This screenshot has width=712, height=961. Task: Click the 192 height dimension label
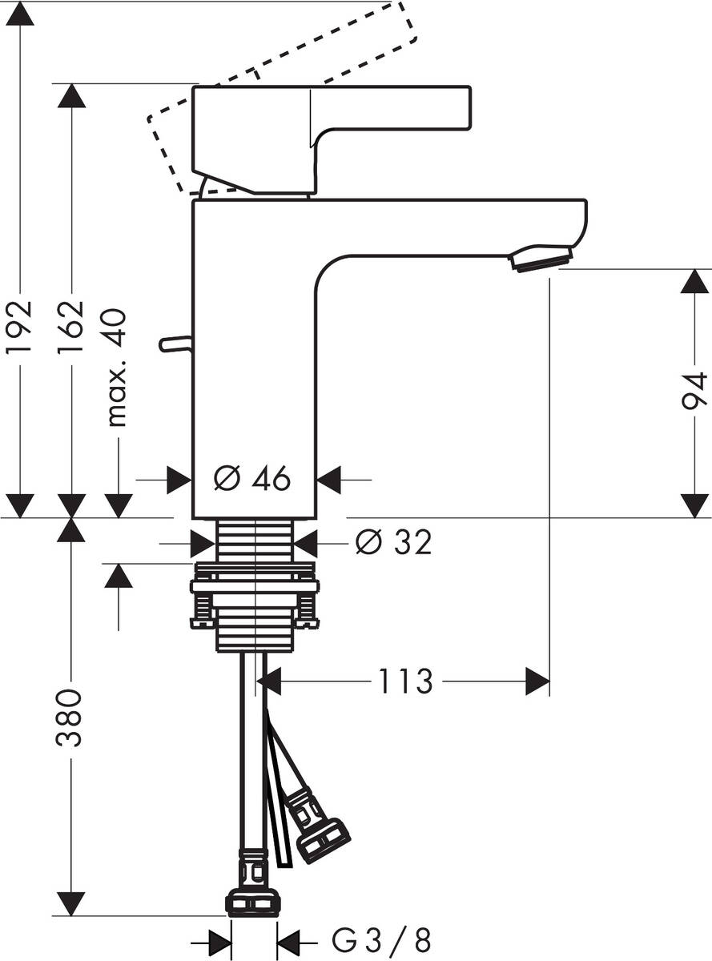tap(19, 327)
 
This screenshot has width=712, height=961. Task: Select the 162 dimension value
tap(72, 327)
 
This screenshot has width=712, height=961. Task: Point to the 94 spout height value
tap(694, 392)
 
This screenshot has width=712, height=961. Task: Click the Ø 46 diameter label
tap(252, 480)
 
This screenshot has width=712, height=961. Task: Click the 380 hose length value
tap(70, 717)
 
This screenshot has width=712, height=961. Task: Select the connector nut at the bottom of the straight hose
tap(253, 903)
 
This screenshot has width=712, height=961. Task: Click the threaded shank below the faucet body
tap(255, 541)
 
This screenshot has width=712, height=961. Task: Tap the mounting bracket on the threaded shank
tap(255, 593)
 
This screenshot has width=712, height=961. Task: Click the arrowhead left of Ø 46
tap(179, 480)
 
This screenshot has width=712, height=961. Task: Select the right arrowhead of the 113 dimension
tap(537, 682)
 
